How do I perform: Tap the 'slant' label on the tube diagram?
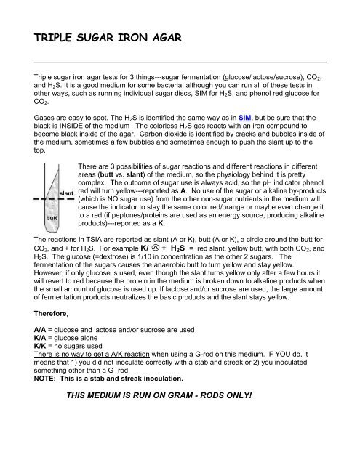point(66,193)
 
